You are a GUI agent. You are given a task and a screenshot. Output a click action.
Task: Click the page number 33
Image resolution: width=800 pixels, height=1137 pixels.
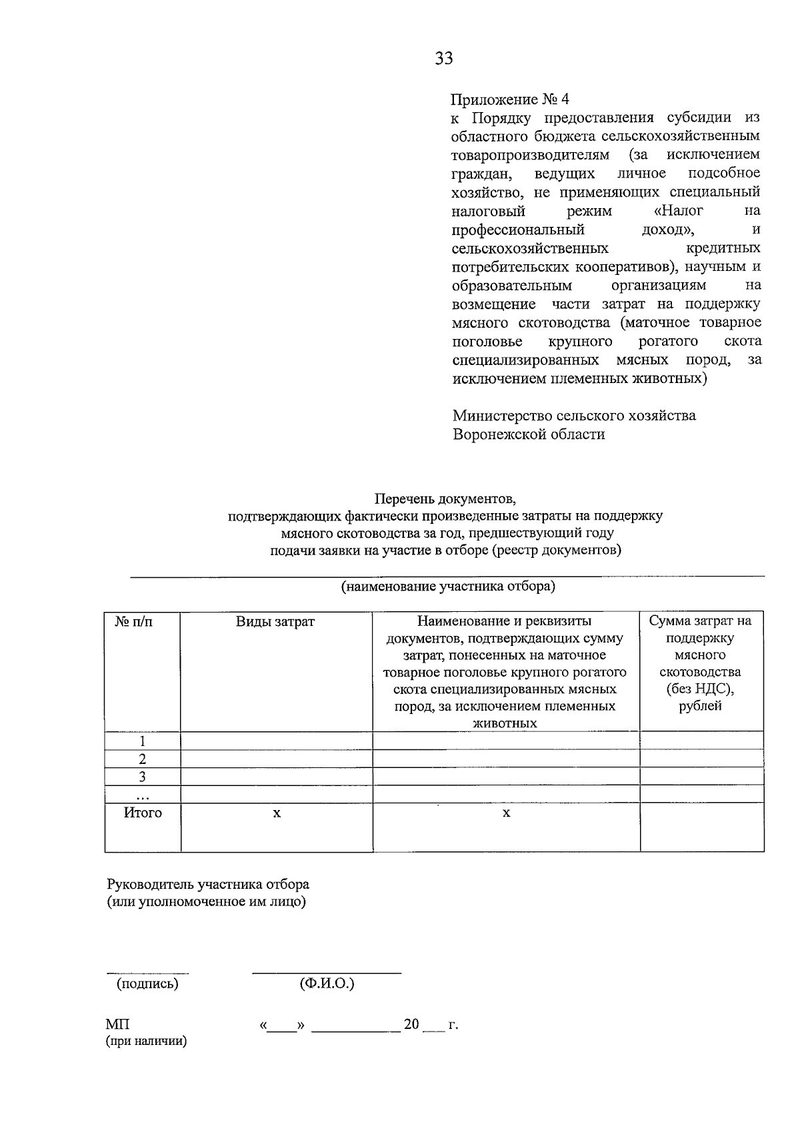coord(444,59)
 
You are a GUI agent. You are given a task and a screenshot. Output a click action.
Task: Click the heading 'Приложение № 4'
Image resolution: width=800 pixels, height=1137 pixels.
coord(511,99)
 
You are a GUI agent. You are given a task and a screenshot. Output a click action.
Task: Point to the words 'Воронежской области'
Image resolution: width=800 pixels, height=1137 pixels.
coord(529,434)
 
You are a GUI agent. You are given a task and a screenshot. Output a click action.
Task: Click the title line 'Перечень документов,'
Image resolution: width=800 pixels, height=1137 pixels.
coord(445,498)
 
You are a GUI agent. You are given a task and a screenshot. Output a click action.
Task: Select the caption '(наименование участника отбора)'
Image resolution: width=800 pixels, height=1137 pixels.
coord(448,587)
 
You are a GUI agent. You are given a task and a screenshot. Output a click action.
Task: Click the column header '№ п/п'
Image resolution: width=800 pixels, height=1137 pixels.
coord(134,621)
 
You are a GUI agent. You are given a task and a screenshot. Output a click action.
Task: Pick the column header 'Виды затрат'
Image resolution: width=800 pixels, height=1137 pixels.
coord(275,621)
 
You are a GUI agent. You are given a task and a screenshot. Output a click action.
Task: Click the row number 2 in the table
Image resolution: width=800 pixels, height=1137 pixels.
coord(142,759)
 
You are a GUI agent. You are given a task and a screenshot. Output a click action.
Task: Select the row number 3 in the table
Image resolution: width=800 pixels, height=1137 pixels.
coord(142,777)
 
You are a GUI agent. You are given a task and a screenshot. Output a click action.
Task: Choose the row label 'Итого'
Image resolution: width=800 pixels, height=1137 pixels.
coord(143,813)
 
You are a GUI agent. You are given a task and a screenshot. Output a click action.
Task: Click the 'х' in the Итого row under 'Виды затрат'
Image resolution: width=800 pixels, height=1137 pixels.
coord(277,813)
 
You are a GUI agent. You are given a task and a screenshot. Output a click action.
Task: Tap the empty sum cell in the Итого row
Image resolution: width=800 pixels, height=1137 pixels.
coord(701,827)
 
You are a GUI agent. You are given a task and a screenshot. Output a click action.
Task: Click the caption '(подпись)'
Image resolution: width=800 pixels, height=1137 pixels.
coord(147,984)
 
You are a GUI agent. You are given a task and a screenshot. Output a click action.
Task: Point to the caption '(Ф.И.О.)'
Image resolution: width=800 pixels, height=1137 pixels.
coord(327,984)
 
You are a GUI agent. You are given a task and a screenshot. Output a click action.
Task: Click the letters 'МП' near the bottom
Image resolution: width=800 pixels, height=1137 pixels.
coord(118,1024)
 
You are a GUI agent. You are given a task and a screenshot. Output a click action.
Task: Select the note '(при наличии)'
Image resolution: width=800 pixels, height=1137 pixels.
coord(147,1041)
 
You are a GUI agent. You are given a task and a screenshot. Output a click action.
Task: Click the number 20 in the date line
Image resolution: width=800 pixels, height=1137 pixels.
coord(411,1024)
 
